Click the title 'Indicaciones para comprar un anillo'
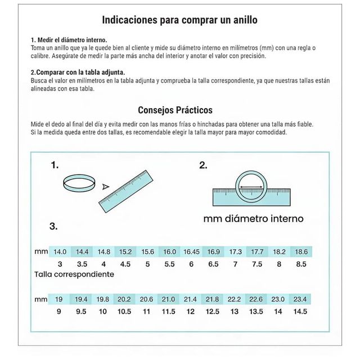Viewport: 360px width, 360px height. [x=179, y=20]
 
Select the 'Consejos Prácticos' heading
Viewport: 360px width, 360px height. [x=175, y=110]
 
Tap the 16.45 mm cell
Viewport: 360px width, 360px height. [x=191, y=251]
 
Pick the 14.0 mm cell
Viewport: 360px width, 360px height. [x=60, y=251]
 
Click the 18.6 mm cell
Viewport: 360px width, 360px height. [x=301, y=251]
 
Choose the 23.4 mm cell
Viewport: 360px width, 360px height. [x=300, y=299]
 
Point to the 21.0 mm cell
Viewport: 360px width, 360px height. [x=168, y=299]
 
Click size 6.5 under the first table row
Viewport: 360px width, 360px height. [x=213, y=264]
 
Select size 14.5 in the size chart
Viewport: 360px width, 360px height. [x=300, y=312]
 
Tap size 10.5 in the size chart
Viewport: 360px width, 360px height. [x=124, y=312]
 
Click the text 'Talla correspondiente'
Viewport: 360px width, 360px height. [x=74, y=274]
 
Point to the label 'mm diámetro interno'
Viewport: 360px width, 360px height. [x=254, y=219]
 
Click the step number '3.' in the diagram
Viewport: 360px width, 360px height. [x=53, y=226]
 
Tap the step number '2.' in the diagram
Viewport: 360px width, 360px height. [x=203, y=165]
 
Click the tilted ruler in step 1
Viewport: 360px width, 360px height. [x=126, y=191]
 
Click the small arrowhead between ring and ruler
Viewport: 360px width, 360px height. [x=105, y=187]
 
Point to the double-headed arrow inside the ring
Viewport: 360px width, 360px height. [x=251, y=187]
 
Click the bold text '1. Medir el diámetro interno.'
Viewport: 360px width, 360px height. [x=69, y=40]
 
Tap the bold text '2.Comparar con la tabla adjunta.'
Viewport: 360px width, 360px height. [x=78, y=73]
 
